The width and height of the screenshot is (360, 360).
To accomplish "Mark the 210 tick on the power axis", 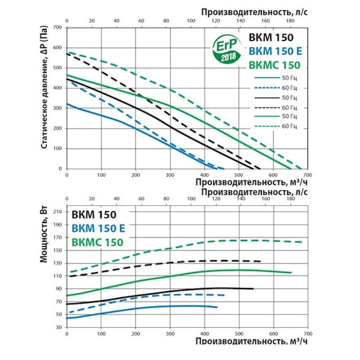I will point(57,211).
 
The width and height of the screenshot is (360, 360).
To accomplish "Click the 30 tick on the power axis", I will point(59,327).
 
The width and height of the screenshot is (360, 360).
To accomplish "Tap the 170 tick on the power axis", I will point(57,237).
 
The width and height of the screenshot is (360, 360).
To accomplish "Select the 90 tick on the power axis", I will point(59,288).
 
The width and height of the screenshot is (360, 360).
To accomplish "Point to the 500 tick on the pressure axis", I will point(57,67).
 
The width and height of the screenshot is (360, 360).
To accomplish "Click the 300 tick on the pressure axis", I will point(57,108).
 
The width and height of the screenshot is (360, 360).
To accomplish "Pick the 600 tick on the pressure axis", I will point(57,47).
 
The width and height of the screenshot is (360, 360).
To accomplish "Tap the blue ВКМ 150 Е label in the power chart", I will point(99,228).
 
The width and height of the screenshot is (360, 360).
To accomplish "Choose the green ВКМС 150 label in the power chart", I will point(97,242).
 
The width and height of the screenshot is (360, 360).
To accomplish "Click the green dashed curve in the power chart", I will point(180,245).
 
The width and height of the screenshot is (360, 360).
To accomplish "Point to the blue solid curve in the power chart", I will point(135,306).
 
